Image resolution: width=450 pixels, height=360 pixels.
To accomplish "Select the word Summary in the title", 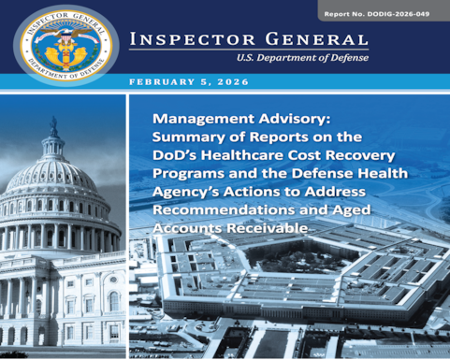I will point(190,137).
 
